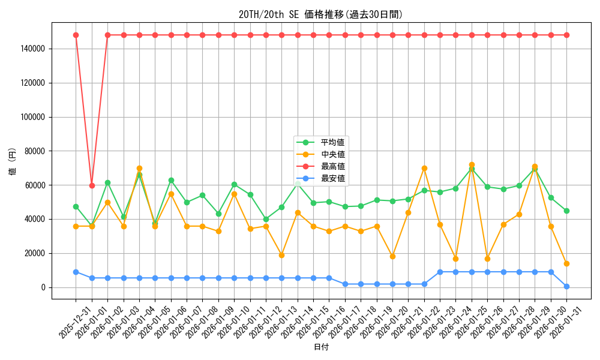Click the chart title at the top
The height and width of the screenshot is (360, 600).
point(320,15)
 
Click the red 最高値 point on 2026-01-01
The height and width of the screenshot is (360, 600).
point(92,185)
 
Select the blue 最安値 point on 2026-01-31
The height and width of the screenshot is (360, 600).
point(566,286)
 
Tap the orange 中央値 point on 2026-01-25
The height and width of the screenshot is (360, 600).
point(487,259)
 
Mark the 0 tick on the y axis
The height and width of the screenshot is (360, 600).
point(43,287)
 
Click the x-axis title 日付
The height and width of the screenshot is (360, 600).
point(321,347)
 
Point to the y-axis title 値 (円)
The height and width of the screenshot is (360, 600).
point(13,162)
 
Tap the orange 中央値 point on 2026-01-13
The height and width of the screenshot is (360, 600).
point(281,255)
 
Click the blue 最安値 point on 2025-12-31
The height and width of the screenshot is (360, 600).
point(76,272)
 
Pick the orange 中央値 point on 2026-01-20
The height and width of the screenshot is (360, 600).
point(392,256)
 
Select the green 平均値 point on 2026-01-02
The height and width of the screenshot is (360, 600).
point(107,182)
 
